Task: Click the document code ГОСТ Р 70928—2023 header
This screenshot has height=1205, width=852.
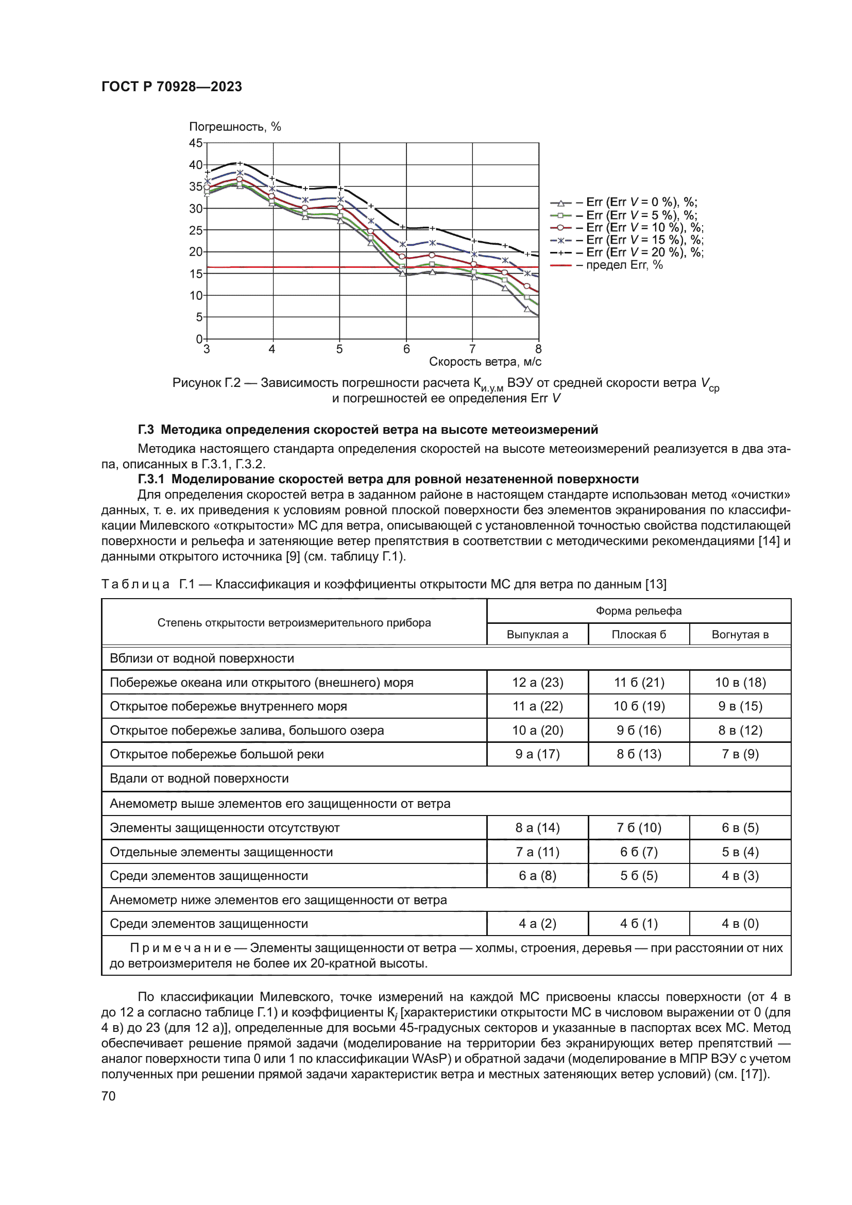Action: click(x=172, y=87)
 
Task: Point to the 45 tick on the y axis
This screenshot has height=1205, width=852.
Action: click(x=195, y=143)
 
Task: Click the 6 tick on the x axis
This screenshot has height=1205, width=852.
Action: click(x=406, y=349)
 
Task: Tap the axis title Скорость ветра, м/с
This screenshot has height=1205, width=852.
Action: click(x=485, y=362)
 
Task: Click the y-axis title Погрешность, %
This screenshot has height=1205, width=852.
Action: click(x=234, y=127)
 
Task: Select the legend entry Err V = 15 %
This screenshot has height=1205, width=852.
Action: click(x=627, y=240)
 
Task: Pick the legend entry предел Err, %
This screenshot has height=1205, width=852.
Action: click(x=607, y=265)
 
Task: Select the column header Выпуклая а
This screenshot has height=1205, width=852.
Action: click(x=537, y=635)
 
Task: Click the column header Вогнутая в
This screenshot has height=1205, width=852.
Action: click(x=740, y=635)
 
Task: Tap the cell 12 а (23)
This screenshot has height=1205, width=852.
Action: click(x=537, y=682)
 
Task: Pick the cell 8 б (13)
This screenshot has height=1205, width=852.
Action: click(x=638, y=754)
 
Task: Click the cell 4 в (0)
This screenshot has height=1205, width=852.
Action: click(x=740, y=923)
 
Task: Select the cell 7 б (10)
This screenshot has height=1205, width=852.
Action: click(x=638, y=828)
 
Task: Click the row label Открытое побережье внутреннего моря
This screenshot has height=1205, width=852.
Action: click(x=228, y=706)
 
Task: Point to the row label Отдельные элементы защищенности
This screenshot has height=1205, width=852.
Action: click(x=221, y=852)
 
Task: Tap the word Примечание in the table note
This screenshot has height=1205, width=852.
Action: click(x=180, y=948)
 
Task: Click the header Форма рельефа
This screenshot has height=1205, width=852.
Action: click(x=638, y=611)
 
